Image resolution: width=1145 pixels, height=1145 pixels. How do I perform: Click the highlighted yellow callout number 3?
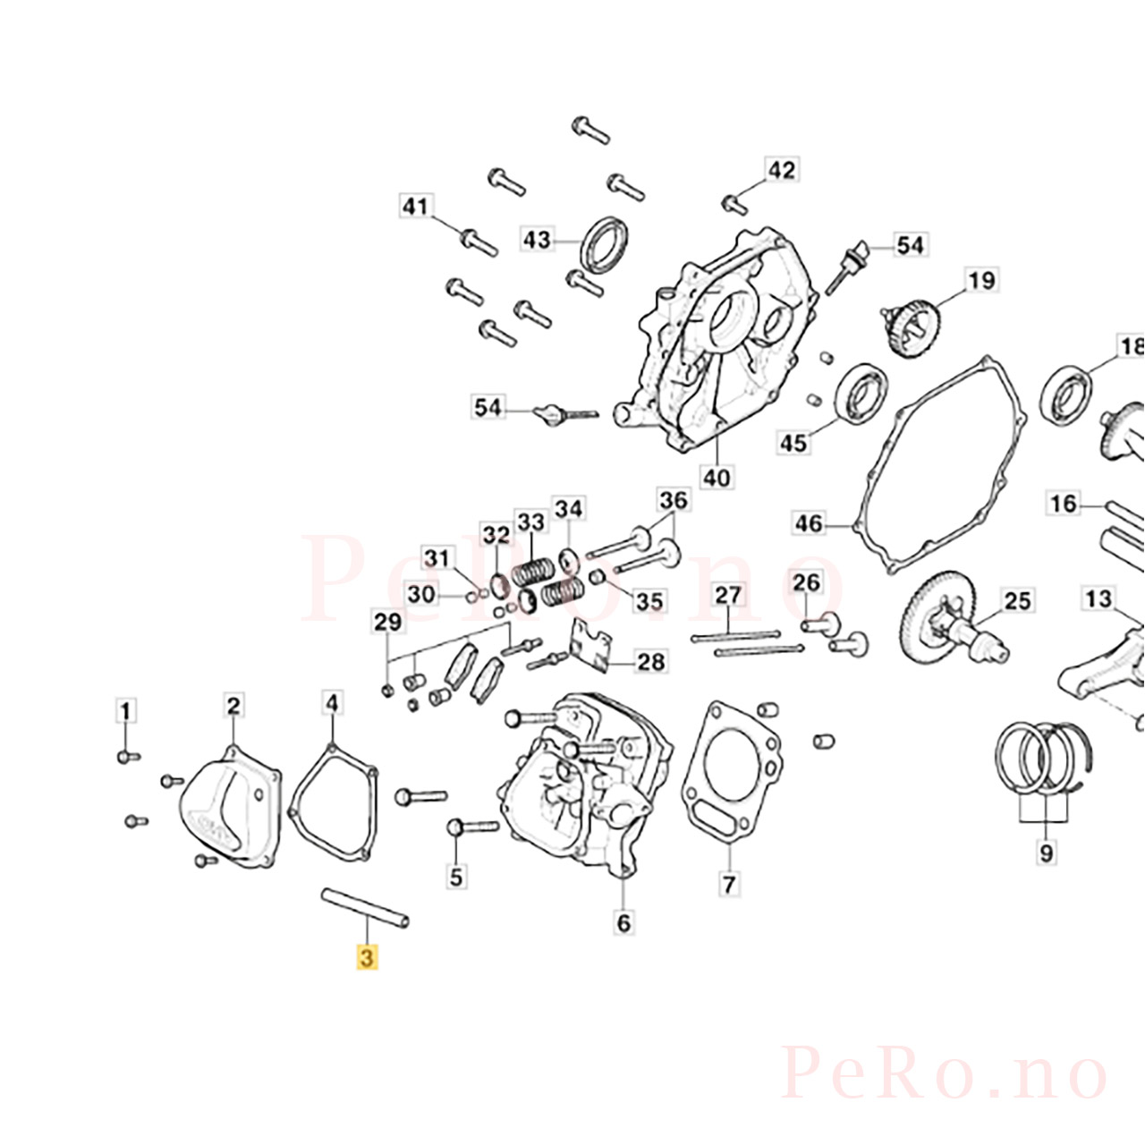click(368, 957)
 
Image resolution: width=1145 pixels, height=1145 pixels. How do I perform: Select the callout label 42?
click(781, 171)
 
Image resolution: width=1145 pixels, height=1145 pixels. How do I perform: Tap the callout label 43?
click(537, 240)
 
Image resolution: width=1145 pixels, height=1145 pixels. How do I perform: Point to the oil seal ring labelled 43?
click(604, 245)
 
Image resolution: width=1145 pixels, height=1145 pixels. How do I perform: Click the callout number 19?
click(981, 280)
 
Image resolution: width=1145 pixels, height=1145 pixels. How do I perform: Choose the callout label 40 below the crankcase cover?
click(716, 477)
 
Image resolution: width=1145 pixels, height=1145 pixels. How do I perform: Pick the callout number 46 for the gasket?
click(810, 523)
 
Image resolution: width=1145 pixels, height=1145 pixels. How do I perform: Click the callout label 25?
click(1017, 601)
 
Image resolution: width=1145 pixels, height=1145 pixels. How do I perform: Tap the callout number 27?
click(728, 595)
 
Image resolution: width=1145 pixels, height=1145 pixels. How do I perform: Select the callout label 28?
click(650, 661)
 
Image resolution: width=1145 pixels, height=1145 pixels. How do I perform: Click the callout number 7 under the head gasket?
click(729, 884)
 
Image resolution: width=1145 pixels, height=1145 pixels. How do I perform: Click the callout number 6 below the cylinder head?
click(623, 923)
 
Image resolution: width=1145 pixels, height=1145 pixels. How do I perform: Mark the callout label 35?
click(649, 601)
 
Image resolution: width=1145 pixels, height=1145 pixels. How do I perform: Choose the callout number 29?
click(387, 622)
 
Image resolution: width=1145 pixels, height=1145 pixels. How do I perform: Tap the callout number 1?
click(125, 710)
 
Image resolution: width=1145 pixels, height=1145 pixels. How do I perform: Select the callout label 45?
click(794, 443)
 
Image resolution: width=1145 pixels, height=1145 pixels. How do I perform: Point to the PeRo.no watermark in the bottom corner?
click(944, 1080)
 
